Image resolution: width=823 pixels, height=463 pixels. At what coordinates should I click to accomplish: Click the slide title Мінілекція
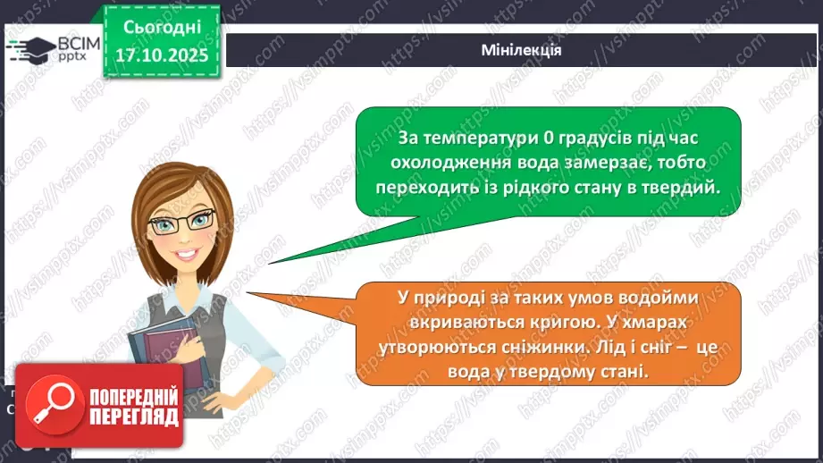pos(521,50)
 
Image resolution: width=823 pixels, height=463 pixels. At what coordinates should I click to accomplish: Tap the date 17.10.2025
pos(162,55)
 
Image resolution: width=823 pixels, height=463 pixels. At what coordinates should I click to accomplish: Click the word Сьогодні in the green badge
pos(162,28)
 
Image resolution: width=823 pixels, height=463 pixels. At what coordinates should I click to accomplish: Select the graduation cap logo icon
pos(32,50)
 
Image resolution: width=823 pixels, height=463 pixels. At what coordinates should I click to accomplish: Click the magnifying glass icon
pos(54,404)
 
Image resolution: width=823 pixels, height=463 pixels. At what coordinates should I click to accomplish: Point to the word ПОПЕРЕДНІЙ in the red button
pos(134,398)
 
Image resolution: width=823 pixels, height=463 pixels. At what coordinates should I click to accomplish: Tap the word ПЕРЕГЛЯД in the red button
pos(134,417)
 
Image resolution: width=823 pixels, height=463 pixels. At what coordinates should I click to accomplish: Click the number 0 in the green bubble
pos(549,138)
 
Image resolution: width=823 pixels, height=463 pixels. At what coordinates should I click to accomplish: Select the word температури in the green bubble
pos(482,139)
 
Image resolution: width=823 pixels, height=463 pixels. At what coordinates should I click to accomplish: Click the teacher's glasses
pos(182,223)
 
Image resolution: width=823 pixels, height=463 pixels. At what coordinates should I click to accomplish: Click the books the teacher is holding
pos(168,350)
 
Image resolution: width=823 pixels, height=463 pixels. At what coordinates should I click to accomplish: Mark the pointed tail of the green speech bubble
pos(270,263)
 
